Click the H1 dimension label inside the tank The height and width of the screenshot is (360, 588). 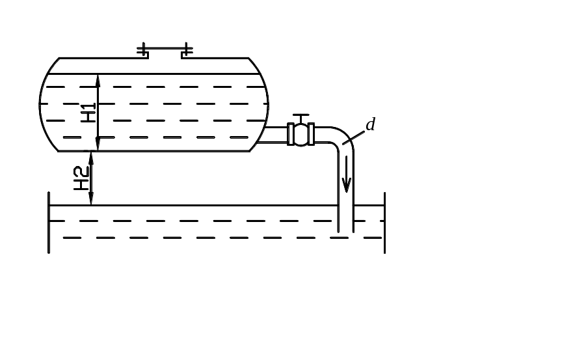pos(88,112)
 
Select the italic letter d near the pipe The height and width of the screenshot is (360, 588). pos(371,125)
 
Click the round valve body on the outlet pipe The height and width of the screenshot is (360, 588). pos(301,135)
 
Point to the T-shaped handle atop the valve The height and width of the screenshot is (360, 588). pos(301,118)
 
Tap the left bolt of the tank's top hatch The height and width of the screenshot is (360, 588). pos(142,49)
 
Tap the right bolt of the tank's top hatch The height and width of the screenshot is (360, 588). pos(187,49)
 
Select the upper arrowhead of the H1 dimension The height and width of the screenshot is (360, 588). pos(98,79)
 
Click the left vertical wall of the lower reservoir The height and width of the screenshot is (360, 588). pos(49,221)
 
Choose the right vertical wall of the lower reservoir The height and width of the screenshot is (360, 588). pos(384,221)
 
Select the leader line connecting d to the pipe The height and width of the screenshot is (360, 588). pos(356,135)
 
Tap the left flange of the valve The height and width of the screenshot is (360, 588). pos(291,134)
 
